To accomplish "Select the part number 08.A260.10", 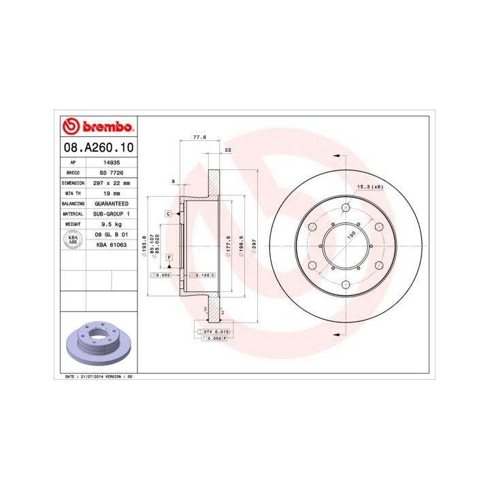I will tap(98, 147).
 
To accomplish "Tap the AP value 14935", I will tap(112, 163).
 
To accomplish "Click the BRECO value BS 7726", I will tap(112, 174).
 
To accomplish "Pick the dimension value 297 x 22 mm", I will tap(112, 183).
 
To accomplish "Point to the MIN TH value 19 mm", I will tap(112, 193).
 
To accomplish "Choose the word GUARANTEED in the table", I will tap(112, 203).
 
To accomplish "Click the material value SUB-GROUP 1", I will tap(112, 214).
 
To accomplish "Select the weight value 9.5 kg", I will tap(112, 224).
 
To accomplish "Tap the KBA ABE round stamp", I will tap(71, 239).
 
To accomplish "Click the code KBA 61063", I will tap(111, 244).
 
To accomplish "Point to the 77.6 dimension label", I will tap(199, 137).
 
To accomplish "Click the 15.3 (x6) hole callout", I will tap(370, 186).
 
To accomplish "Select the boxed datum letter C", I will tap(167, 214).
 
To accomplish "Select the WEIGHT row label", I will tap(72, 224).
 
